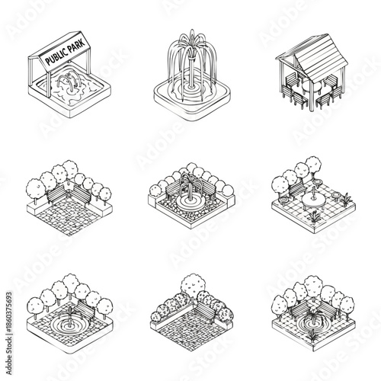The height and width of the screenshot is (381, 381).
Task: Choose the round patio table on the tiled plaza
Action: coord(311,200)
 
